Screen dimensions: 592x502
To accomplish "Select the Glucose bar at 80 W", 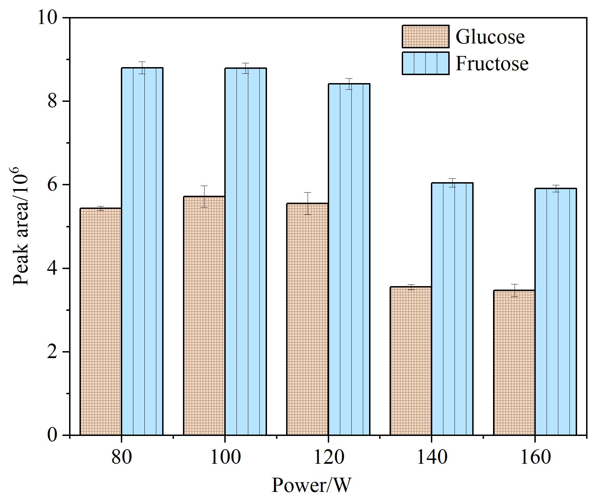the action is coord(101,322).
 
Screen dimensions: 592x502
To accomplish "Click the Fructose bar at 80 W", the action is coord(142,251).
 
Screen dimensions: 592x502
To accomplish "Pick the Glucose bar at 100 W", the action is coord(204,316).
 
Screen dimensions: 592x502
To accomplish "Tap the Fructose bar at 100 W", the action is coord(245,252).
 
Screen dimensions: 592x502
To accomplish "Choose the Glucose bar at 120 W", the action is coord(307,319).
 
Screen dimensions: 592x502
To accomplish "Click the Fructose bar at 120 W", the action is coord(349,259).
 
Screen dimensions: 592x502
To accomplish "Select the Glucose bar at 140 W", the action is coord(411,361).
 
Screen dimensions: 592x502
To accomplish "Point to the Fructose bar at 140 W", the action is coord(452,309).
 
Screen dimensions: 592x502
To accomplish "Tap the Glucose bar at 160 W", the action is coord(514,363).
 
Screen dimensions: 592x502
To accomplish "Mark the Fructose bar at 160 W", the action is coord(556,312).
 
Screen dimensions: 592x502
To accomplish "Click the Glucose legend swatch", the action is coord(426,36).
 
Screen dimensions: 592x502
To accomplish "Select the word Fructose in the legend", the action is coord(492,63).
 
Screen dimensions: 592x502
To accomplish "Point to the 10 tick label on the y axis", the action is coord(48,17).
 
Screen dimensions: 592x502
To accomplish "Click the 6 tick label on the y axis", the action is coord(53,185).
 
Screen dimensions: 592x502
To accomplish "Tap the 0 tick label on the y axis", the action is coord(53,435).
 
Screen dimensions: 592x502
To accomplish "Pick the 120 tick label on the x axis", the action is coord(328,457).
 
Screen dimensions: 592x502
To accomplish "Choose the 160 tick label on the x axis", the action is coord(535,457).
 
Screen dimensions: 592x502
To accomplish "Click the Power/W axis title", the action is coord(311,485).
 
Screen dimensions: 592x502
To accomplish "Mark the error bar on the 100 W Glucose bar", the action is coord(204,196).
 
